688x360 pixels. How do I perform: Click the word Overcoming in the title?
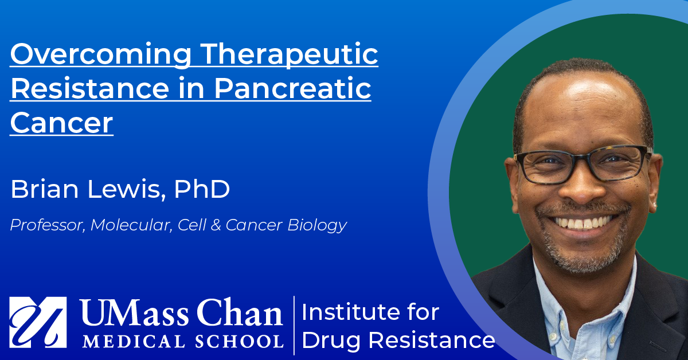tap(101, 54)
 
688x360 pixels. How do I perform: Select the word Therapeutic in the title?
tap(290, 54)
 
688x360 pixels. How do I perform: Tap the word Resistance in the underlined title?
tap(89, 88)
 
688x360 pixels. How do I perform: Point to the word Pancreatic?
tap(292, 88)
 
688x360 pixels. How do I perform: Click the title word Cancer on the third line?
tap(62, 123)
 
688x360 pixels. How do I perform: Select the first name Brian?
tap(45, 189)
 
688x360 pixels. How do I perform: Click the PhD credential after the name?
tap(202, 189)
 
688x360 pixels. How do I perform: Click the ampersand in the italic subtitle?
tap(216, 225)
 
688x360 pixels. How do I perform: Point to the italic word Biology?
tap(317, 226)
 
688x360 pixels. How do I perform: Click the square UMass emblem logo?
tap(38, 322)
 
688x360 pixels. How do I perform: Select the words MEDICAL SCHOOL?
tap(182, 341)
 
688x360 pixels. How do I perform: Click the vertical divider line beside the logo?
tap(294, 325)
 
